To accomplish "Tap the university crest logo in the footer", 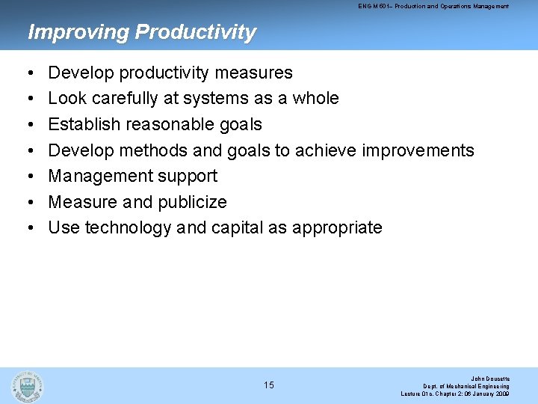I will click(x=28, y=385).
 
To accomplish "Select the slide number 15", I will click(x=269, y=385).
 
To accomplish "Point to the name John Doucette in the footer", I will click(x=489, y=378).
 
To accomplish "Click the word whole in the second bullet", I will click(x=315, y=98).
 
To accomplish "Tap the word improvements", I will click(x=418, y=150).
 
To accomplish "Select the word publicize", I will click(x=193, y=202).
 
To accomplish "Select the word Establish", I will click(x=80, y=124).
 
